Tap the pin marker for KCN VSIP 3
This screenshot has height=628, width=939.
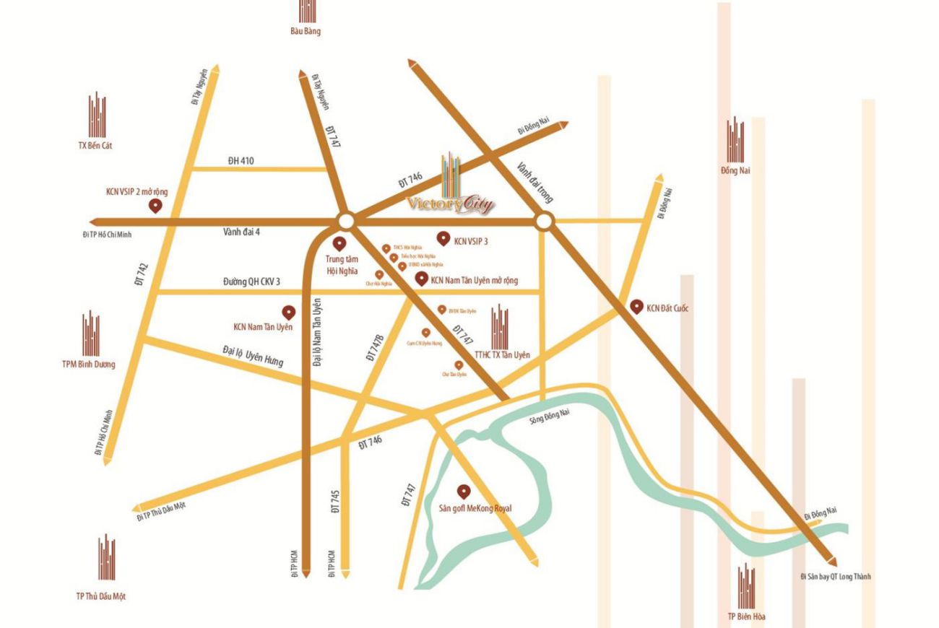(x=443, y=237)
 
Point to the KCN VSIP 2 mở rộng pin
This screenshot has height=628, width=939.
(x=155, y=206)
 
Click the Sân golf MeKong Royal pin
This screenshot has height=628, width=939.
(x=464, y=492)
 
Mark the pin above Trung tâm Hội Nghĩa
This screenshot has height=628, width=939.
(x=338, y=243)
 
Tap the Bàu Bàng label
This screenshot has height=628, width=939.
(x=306, y=31)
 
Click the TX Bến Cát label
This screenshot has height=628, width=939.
(x=95, y=145)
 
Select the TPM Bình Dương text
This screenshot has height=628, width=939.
(x=89, y=364)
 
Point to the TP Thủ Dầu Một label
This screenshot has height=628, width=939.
(x=101, y=596)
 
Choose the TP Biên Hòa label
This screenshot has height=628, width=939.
(x=747, y=616)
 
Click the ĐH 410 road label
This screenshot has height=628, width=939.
(x=241, y=160)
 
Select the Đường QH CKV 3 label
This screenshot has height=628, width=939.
(x=251, y=282)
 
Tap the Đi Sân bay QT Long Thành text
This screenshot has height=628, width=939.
(x=836, y=577)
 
